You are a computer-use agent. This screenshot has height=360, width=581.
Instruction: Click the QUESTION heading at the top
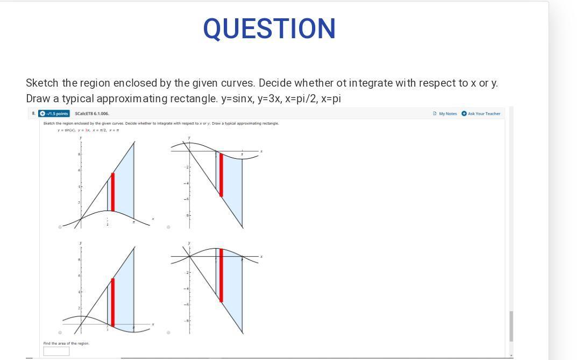[270, 29]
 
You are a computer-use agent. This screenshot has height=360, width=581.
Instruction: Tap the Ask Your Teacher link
[481, 114]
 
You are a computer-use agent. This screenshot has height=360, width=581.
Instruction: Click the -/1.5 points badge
[54, 114]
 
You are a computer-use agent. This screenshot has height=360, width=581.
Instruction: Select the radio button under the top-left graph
[60, 227]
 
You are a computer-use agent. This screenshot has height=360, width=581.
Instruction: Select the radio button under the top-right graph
[168, 227]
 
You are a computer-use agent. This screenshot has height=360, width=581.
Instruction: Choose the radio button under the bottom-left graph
[60, 333]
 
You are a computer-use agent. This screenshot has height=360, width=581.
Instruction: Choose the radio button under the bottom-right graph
[168, 333]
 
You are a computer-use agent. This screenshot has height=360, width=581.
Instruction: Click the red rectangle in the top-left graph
[112, 192]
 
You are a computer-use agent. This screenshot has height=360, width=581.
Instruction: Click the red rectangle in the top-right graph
[221, 175]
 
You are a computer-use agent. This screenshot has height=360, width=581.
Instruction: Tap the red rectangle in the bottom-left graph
[112, 302]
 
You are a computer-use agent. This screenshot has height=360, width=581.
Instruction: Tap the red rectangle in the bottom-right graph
[221, 275]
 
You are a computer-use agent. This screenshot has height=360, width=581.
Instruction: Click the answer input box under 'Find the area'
[56, 351]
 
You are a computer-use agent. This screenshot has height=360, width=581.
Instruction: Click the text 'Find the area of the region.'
[66, 343]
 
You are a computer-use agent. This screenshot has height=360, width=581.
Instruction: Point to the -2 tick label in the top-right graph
[187, 167]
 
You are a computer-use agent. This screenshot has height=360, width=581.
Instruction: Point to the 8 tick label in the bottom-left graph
[79, 260]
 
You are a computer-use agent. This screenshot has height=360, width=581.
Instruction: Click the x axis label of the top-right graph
[261, 151]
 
